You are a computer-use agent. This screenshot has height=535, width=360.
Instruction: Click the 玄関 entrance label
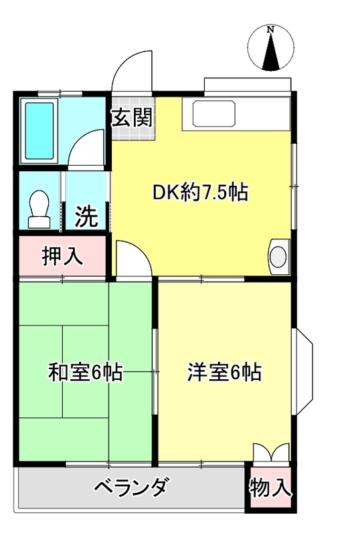click(x=132, y=118)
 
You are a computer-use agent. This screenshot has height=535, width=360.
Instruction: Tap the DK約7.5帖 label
click(x=200, y=193)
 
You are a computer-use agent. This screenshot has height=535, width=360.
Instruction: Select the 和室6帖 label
click(x=85, y=372)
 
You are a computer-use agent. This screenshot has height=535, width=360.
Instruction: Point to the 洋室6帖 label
click(x=224, y=372)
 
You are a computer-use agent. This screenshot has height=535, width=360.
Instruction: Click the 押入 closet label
click(x=62, y=256)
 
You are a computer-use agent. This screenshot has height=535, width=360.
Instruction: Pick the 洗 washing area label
click(x=87, y=216)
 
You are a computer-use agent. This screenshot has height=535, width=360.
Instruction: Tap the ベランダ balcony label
click(x=131, y=487)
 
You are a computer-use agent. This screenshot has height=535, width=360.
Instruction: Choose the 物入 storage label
click(x=270, y=488)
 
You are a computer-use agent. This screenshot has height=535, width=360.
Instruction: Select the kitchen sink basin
click(x=214, y=113)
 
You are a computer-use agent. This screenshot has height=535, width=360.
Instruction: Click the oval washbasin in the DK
click(x=278, y=257)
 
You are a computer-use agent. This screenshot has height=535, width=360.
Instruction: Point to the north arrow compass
click(x=271, y=47)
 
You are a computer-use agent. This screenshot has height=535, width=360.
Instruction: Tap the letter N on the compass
click(x=271, y=29)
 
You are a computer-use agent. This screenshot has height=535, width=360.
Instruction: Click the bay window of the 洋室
click(x=302, y=372)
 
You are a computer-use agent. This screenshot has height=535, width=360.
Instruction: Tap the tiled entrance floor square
click(x=134, y=118)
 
